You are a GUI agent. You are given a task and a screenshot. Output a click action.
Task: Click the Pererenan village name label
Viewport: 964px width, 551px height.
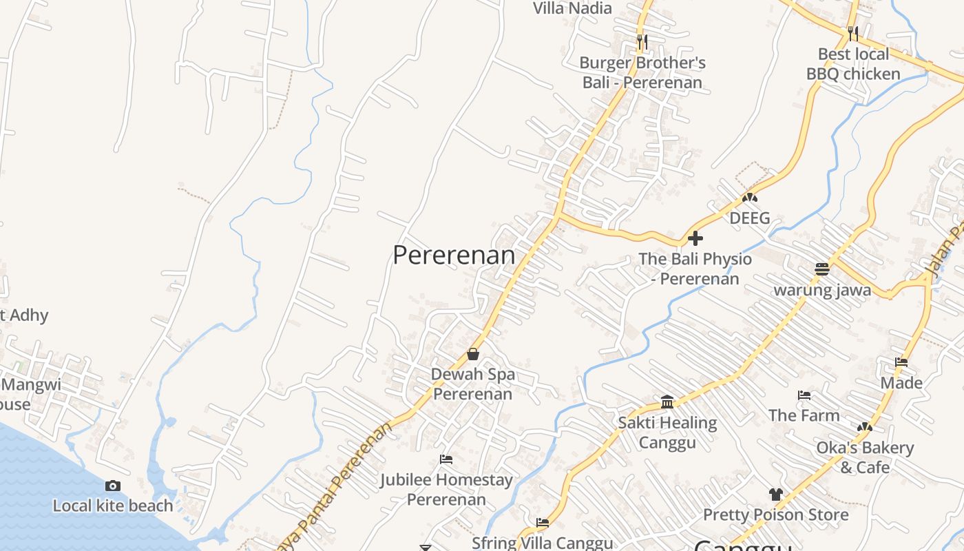coord(454,255)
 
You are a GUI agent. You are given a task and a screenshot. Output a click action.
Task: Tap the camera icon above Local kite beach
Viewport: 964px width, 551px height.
coord(113,486)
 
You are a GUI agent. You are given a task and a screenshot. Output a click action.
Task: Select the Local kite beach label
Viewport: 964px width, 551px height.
coord(113,506)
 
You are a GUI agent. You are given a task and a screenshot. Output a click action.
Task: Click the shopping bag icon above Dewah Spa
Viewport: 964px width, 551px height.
coord(473,354)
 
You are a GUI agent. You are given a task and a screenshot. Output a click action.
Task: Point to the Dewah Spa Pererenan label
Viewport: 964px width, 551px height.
coord(473,384)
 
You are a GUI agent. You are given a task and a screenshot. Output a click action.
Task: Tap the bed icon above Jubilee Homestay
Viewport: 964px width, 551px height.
coord(446,459)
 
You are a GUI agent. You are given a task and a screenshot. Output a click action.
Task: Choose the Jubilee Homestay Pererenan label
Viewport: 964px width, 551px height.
coord(446,489)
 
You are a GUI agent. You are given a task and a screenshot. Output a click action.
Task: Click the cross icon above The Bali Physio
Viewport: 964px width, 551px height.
coord(695,238)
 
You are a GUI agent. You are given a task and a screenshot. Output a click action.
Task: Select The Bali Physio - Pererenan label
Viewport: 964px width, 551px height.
coord(695,269)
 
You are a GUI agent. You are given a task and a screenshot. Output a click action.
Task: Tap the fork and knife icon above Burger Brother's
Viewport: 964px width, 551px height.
coord(642,42)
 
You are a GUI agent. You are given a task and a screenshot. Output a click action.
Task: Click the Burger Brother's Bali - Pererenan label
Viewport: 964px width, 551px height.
coord(642,72)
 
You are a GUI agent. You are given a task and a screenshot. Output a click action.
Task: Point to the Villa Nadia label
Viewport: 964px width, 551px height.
coord(572,8)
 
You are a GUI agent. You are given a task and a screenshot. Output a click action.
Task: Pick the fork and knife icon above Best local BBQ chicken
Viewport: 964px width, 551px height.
coord(853,33)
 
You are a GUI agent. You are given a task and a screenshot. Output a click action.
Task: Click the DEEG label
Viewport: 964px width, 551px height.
coord(750,218)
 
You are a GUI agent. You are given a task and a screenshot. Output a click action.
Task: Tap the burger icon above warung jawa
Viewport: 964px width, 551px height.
coord(821,269)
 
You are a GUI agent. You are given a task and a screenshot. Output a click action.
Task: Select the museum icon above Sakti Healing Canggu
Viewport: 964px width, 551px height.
coord(667,402)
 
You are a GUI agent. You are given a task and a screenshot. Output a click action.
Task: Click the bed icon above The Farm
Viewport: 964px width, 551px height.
coord(804,395)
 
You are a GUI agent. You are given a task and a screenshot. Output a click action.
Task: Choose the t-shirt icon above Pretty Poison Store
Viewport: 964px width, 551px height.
coord(775,494)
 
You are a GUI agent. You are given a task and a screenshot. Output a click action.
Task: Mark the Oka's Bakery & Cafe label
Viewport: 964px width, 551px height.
coord(865,457)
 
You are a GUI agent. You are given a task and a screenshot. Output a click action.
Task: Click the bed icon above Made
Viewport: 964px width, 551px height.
coord(901,362)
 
